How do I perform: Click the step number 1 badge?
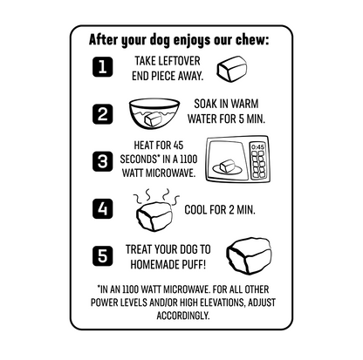(x=102, y=67)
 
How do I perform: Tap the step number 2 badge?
(x=102, y=113)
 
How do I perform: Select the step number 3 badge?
(x=102, y=161)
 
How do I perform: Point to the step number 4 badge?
(x=102, y=208)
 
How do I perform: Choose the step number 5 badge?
(x=102, y=256)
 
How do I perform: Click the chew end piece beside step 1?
(x=232, y=69)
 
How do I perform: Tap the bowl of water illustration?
(x=154, y=113)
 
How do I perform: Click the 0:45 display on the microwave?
(x=257, y=147)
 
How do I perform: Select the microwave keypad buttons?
(x=257, y=165)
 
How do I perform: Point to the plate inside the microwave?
(x=227, y=169)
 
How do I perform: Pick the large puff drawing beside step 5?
(x=249, y=256)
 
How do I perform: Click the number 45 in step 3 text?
(x=178, y=145)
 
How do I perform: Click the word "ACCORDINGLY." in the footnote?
(x=183, y=316)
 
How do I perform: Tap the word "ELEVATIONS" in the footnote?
(x=212, y=302)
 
